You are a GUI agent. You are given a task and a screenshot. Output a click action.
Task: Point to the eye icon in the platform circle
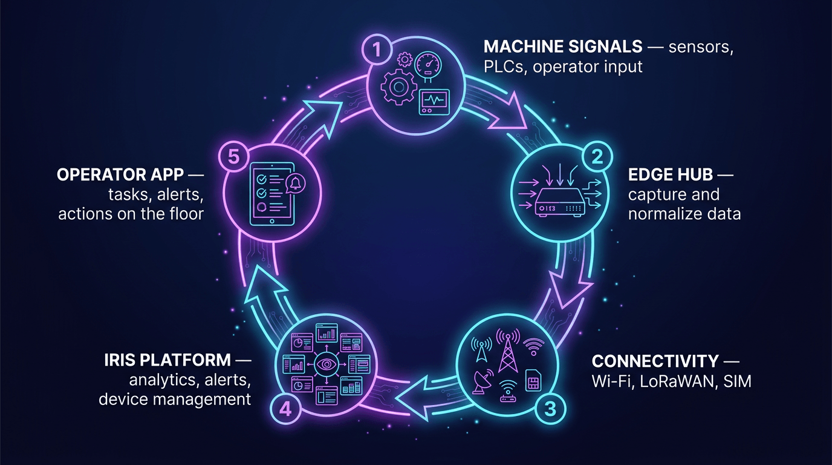coord(327,365)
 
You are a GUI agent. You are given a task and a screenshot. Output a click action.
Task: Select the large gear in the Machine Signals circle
coord(397,88)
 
